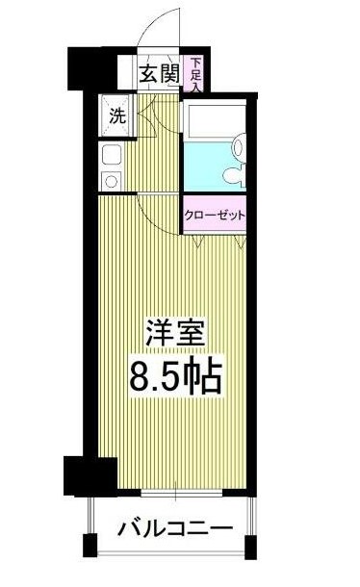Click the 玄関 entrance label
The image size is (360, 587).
point(159,73)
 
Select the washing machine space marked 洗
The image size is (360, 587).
point(116,118)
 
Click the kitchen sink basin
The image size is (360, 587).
point(111,154)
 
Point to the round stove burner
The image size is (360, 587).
point(111,179)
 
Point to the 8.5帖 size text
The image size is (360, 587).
point(176,376)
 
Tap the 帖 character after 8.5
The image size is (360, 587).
point(206,376)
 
